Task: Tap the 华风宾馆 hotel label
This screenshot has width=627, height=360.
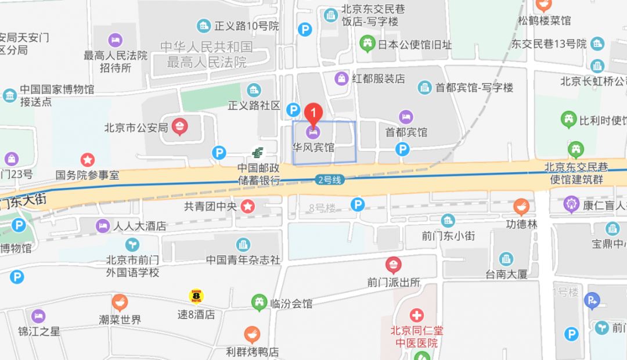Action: [x=313, y=147]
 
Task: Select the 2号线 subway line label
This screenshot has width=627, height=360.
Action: [x=328, y=180]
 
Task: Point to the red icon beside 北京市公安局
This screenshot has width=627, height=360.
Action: [x=180, y=127]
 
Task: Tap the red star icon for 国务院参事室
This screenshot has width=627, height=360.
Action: [x=88, y=159]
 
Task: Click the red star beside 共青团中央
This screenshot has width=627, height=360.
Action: [x=248, y=205]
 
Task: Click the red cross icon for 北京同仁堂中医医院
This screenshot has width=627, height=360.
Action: [x=416, y=316]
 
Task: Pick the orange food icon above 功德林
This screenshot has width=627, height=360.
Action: [x=521, y=207]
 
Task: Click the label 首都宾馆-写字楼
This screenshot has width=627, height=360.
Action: [x=474, y=88]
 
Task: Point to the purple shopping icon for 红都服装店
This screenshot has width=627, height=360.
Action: [x=342, y=78]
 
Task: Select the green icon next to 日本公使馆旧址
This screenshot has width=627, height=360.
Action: [x=367, y=44]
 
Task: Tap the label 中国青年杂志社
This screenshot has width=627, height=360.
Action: [x=243, y=260]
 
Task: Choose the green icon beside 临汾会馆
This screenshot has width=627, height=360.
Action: [x=259, y=303]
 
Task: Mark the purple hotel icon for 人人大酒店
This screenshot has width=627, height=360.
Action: [x=103, y=226]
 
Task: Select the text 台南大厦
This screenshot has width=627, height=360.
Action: [x=506, y=274]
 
